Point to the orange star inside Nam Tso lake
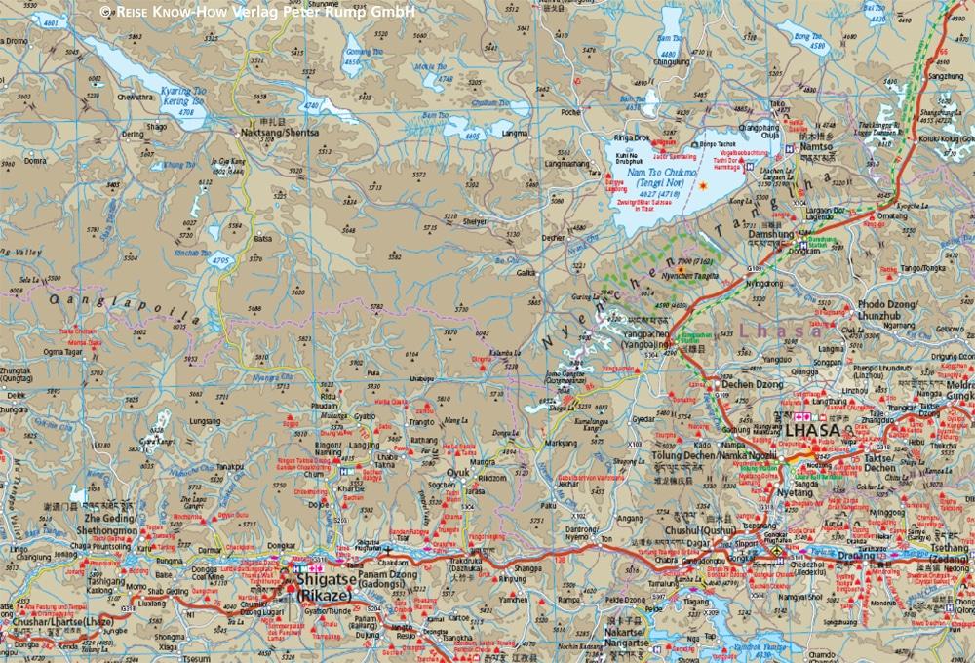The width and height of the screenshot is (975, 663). point(702,185)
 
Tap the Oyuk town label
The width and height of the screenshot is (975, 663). point(458,473)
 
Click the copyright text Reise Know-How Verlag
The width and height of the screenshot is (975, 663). point(257,11)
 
